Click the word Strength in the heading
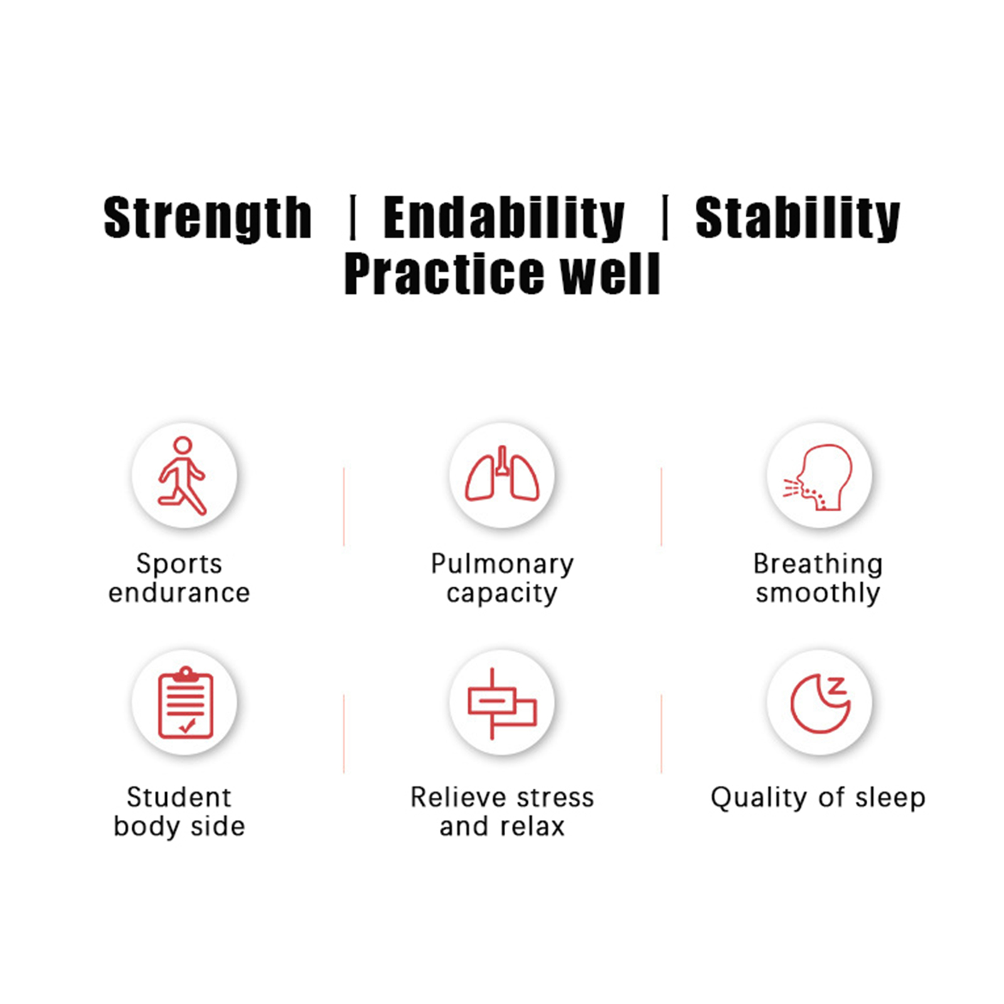(x=208, y=218)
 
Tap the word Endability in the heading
(x=504, y=218)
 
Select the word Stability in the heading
(x=798, y=218)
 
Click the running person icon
(x=182, y=475)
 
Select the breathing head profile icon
(x=818, y=477)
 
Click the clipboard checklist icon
(x=186, y=702)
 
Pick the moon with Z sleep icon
(x=820, y=703)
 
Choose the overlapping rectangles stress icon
(x=502, y=703)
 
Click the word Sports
(x=179, y=564)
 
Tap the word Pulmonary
(x=502, y=564)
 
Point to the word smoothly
(x=818, y=592)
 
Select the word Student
(x=179, y=798)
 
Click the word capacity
(x=502, y=593)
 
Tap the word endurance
(x=179, y=592)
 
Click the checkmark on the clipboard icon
(x=187, y=726)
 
